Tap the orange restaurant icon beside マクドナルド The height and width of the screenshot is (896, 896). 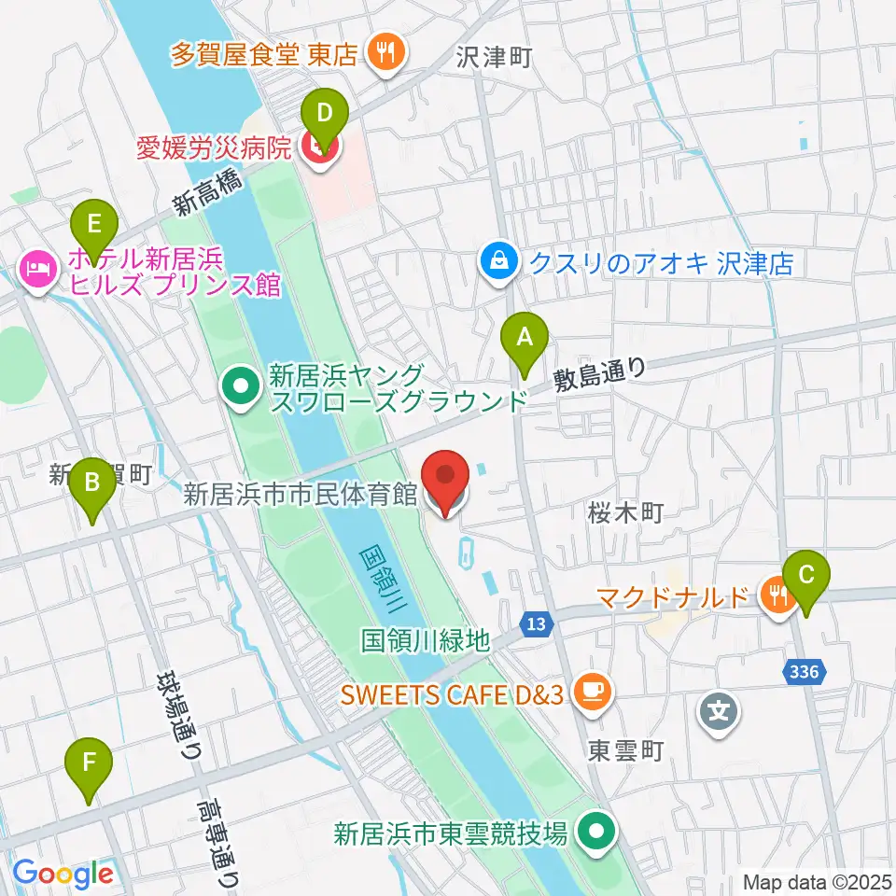click(x=774, y=593)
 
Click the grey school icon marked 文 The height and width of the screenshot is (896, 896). click(x=719, y=712)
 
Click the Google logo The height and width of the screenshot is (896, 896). click(x=63, y=874)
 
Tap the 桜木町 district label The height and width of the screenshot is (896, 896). click(x=625, y=511)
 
